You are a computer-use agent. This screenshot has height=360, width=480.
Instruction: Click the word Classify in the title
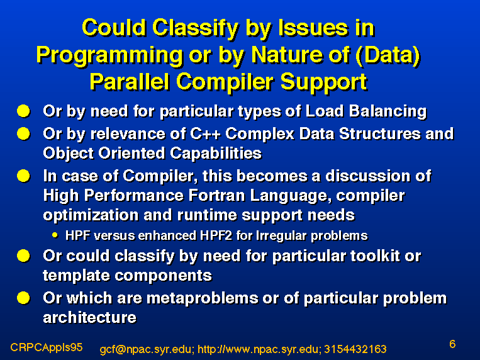coord(195,29)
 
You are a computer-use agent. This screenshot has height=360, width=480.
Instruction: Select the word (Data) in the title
coord(388,55)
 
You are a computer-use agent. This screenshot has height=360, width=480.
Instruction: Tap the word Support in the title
coord(323,82)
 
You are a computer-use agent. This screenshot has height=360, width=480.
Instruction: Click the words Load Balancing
coord(366,111)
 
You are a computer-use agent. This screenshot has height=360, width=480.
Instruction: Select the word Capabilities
coord(216,154)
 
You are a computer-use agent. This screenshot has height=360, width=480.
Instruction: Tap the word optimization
coord(91,215)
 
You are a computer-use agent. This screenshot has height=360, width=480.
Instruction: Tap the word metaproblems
coord(202,298)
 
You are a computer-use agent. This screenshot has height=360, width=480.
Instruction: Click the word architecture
coord(89,317)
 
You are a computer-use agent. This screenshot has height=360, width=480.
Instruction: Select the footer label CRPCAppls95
coord(46,347)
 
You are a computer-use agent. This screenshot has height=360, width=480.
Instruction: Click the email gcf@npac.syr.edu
coord(147,349)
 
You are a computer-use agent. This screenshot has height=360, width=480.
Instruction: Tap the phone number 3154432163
coord(355,349)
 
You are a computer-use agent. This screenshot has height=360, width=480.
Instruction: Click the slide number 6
coord(452,344)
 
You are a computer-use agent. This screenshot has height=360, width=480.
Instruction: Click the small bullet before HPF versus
coord(55,235)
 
